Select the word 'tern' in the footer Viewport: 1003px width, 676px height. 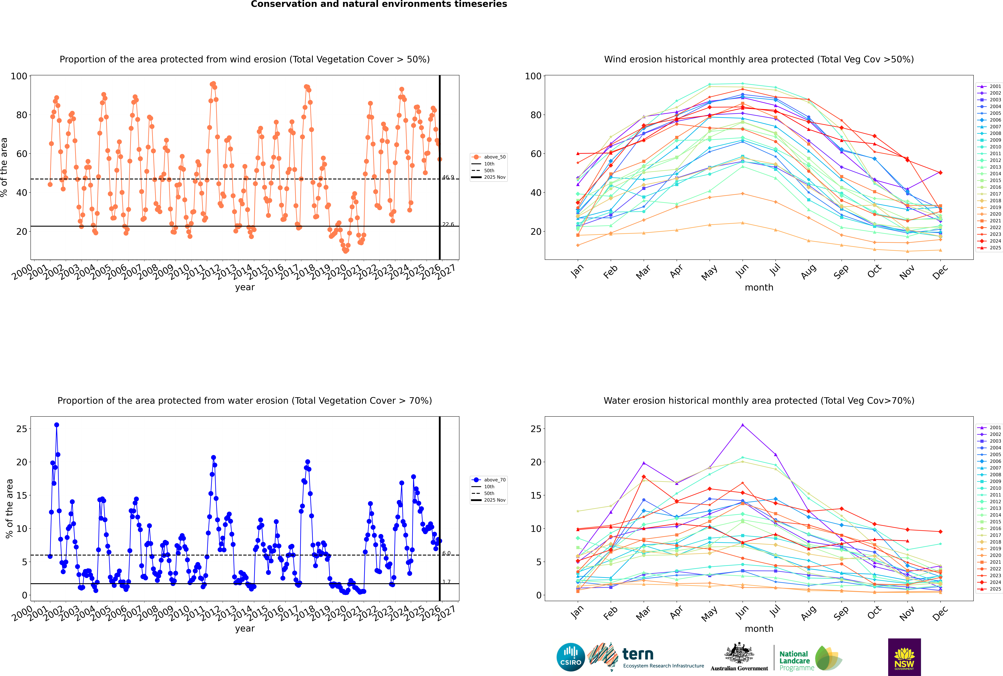(x=638, y=654)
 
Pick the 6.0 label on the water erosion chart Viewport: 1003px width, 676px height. (x=446, y=553)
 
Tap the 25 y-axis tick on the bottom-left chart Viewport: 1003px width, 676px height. (x=22, y=429)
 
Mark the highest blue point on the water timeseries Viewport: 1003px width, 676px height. (x=57, y=425)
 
